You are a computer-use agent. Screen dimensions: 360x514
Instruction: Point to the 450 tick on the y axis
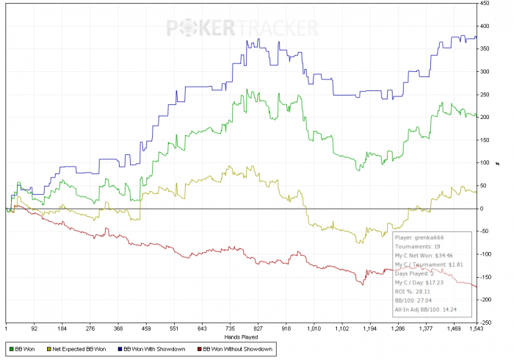coord(485,3)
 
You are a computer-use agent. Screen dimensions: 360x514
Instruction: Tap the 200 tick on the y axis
coord(485,117)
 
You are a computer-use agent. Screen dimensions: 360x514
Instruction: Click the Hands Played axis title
coord(239,339)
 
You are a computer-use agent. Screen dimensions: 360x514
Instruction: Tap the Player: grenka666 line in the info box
coord(420,238)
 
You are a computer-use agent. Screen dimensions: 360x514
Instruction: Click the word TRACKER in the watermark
coord(278,29)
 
